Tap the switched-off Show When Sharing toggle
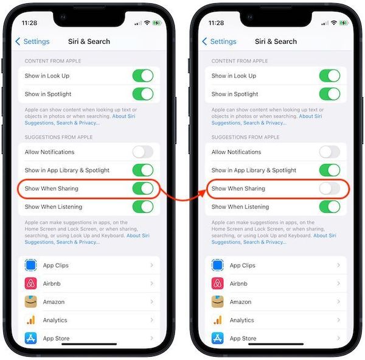(x=330, y=188)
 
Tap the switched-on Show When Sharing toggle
(x=143, y=188)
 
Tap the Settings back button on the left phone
(x=33, y=41)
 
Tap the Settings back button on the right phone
(x=220, y=41)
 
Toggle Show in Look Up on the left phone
(x=143, y=76)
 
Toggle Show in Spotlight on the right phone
(x=330, y=94)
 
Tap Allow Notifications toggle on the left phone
(x=143, y=152)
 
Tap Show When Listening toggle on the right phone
(x=330, y=206)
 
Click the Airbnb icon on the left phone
(x=31, y=283)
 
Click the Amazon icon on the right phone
(x=218, y=302)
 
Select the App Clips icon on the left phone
(x=31, y=266)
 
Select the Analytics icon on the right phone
(x=218, y=320)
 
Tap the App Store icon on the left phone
(x=31, y=337)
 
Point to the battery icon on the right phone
(x=345, y=23)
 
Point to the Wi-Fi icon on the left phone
(x=147, y=23)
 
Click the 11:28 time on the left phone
(x=30, y=23)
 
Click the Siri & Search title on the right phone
(x=276, y=41)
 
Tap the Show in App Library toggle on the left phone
(x=143, y=171)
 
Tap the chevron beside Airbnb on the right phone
(x=338, y=284)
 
